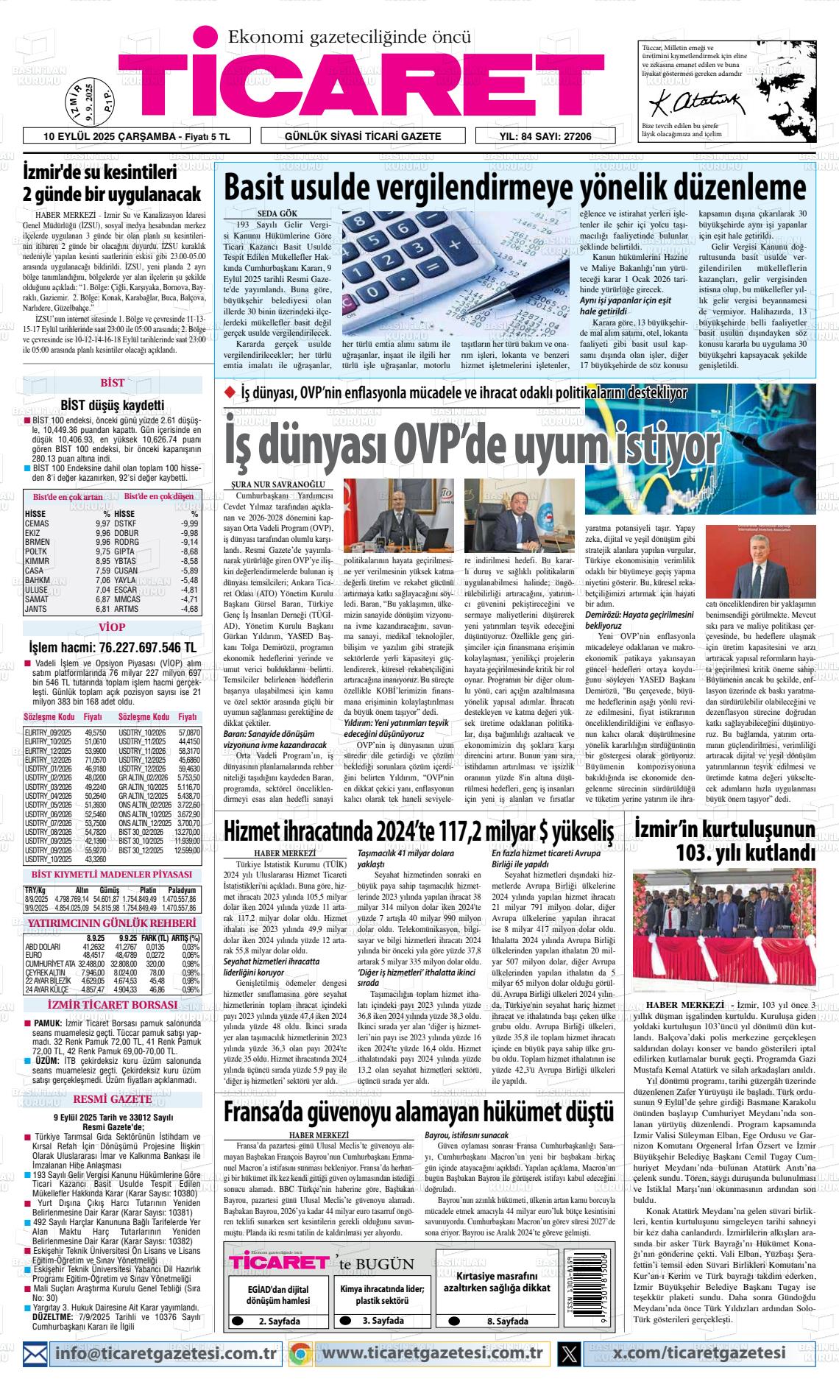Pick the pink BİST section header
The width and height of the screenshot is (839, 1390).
coord(112,383)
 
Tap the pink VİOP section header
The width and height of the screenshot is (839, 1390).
coord(112,627)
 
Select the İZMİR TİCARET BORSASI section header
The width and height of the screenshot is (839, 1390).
coord(112,1005)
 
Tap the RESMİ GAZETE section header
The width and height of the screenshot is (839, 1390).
coord(112,1099)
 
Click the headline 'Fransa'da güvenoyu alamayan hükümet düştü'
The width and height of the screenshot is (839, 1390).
coord(417,1110)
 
